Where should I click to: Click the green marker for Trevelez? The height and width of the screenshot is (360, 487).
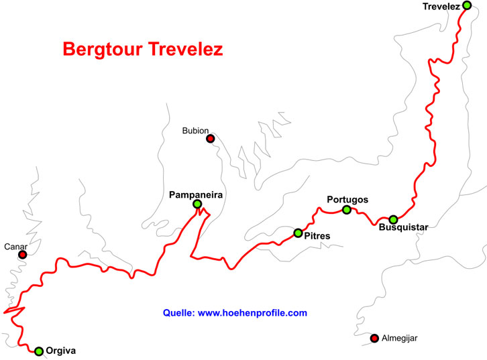coord(467,5)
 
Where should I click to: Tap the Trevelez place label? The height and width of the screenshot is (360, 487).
coord(441,7)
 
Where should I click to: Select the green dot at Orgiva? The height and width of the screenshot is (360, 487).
coord(39,351)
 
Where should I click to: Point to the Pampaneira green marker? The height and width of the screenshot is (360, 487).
coord(197,204)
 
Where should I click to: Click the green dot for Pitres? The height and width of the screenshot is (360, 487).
coord(298,233)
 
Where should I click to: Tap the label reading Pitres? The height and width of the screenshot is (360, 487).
coord(317,235)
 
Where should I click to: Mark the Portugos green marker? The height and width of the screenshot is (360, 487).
coord(346,210)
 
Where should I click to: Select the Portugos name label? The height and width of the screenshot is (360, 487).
coord(347,199)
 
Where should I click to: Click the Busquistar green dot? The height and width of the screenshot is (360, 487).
coord(393,219)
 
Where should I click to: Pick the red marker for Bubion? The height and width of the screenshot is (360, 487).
coord(210,139)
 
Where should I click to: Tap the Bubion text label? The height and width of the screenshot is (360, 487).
coord(196,131)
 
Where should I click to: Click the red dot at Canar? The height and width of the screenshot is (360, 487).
coord(23,255)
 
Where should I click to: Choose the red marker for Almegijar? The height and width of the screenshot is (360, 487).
coord(374,337)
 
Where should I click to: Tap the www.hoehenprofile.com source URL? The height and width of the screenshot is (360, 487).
coord(253,313)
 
